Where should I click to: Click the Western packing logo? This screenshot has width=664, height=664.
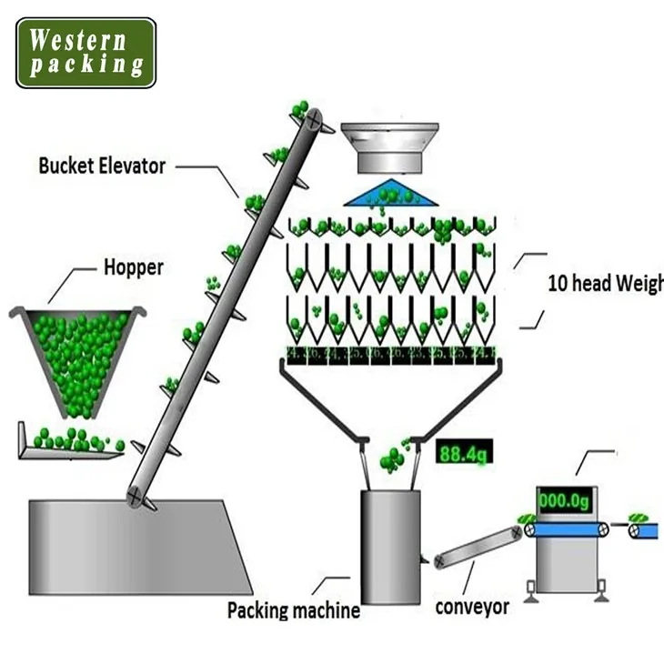(x=85, y=53)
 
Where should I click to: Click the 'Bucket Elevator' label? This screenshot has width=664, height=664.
(x=102, y=166)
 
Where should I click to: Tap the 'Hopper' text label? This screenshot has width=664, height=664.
(x=133, y=267)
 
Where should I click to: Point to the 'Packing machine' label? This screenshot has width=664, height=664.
(x=293, y=609)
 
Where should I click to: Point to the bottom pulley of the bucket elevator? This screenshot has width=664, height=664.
(x=136, y=495)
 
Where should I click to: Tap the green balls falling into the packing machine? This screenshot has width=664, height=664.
(x=394, y=456)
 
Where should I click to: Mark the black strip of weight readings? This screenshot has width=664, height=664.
(x=391, y=353)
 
